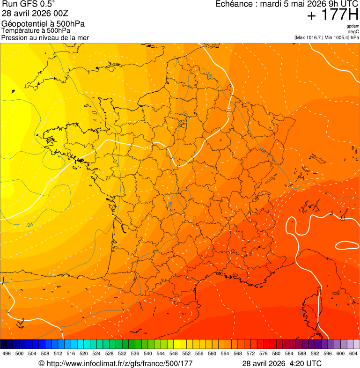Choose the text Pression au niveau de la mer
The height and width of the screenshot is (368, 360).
pyautogui.click(x=45, y=37)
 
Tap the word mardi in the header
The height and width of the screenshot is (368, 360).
pyautogui.click(x=268, y=4)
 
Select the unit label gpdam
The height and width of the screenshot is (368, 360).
pyautogui.click(x=353, y=26)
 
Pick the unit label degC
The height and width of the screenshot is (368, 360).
pyautogui.click(x=353, y=32)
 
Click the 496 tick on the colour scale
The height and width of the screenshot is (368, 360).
pyautogui.click(x=7, y=353)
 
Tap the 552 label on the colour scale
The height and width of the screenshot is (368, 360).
pyautogui.click(x=186, y=353)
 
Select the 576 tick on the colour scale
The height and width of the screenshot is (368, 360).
pyautogui.click(x=264, y=353)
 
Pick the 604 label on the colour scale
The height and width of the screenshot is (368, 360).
pyautogui.click(x=353, y=353)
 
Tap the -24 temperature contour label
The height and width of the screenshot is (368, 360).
pyautogui.click(x=29, y=225)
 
